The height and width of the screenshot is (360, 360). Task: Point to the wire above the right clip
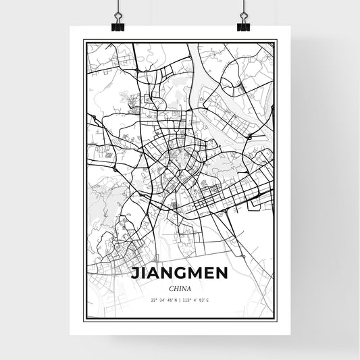click(x=243, y=8)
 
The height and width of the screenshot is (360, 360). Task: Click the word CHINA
click(x=180, y=289)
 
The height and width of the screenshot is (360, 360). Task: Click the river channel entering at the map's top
click(x=196, y=51)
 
